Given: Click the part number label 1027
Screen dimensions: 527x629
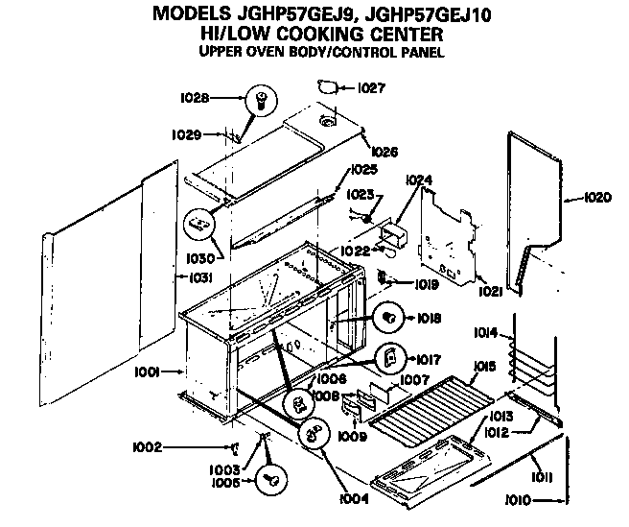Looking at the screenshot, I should (x=371, y=88).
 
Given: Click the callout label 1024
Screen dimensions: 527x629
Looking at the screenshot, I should (x=419, y=180).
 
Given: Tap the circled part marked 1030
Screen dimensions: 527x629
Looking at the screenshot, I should (x=198, y=223).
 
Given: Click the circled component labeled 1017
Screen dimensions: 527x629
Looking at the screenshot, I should (x=388, y=358).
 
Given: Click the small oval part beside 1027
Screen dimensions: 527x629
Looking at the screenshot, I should (x=329, y=88).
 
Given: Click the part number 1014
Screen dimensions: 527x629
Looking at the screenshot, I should (x=486, y=333).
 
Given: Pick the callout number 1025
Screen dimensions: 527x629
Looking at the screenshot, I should (x=363, y=170).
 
